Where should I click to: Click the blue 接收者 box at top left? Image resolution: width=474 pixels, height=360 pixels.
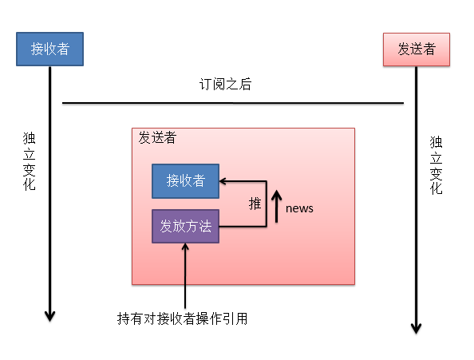[49, 49]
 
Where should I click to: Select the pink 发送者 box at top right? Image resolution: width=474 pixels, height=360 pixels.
[416, 49]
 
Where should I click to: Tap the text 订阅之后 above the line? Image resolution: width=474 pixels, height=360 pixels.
[226, 85]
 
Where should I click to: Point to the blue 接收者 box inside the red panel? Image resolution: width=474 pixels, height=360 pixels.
[185, 181]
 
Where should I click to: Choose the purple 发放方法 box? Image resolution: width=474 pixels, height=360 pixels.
[185, 227]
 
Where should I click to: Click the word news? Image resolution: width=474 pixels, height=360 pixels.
[299, 208]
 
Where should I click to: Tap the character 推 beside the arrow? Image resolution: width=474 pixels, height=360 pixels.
[255, 204]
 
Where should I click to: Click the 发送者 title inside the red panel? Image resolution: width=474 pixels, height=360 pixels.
[157, 137]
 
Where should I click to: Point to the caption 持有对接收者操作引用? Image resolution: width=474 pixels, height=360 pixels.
[183, 318]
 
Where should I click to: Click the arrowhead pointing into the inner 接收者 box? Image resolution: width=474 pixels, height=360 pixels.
[223, 181]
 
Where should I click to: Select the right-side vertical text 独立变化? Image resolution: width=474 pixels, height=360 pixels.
[436, 165]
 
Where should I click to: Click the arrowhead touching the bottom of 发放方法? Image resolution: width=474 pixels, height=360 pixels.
[185, 247]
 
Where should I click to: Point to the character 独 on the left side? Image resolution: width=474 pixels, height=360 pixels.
[30, 138]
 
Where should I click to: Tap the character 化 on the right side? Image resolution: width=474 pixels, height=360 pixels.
[436, 189]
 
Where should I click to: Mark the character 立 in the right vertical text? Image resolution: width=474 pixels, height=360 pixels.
[436, 157]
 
